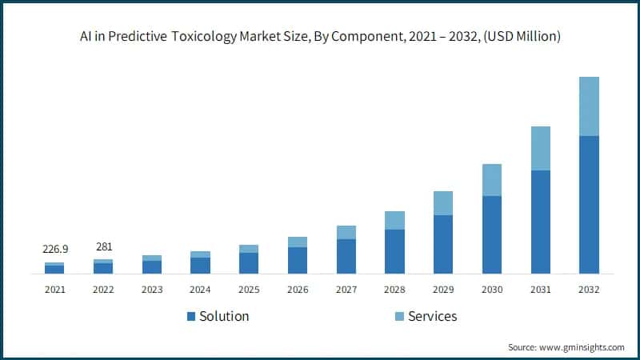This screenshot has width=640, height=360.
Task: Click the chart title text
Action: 320,37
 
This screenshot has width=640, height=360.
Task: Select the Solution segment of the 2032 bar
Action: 589,205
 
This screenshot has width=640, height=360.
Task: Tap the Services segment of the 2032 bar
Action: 589,106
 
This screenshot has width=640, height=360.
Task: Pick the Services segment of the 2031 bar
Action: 540,148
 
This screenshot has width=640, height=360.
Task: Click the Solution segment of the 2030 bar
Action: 491,234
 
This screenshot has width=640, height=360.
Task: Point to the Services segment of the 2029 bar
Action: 443,203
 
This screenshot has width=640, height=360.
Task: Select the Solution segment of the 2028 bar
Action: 394,251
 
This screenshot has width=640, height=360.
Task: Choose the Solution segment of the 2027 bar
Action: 346,256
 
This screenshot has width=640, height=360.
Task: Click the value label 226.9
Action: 54,250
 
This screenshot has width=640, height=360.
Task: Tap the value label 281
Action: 103,246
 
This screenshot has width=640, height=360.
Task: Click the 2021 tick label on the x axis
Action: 54,289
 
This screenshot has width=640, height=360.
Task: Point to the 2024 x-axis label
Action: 200,289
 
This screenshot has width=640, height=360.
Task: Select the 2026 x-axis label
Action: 298,289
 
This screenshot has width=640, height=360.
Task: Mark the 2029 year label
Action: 443,289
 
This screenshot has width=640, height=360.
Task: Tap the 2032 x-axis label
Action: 589,289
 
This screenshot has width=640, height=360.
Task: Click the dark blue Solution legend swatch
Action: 191,317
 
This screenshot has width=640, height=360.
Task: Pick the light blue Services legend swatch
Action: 399,317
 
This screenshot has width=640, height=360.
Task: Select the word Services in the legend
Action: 432,316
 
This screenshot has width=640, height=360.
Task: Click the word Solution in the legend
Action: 224,316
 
